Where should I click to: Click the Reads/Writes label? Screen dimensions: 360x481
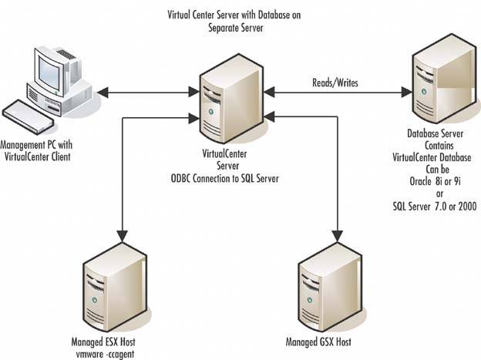click(334, 80)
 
